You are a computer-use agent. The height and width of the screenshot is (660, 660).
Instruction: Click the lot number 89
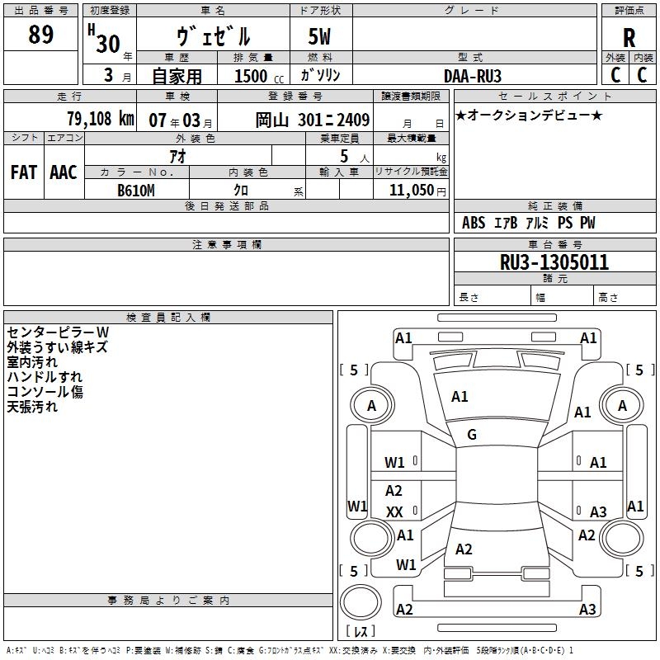tap(40, 35)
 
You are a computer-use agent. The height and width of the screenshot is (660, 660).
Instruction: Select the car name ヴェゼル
tap(213, 36)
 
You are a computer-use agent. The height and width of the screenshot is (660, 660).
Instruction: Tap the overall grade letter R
tap(629, 37)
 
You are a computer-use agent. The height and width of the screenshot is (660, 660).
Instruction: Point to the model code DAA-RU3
tap(473, 76)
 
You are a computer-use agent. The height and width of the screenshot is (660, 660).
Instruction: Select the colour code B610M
tap(136, 191)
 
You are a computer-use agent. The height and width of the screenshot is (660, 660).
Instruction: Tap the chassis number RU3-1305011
tap(554, 262)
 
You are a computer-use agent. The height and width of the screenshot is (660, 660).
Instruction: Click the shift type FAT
tap(23, 172)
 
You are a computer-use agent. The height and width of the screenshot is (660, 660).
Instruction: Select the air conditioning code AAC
tap(64, 172)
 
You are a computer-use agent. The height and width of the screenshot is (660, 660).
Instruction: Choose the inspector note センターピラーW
tap(58, 332)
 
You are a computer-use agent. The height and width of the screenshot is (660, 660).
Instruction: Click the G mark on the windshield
tap(472, 435)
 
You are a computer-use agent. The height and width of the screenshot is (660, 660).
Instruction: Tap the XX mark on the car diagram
tap(394, 512)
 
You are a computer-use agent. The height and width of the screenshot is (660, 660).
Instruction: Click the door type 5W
tap(320, 37)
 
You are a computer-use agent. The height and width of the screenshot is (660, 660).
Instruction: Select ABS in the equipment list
tap(474, 223)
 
